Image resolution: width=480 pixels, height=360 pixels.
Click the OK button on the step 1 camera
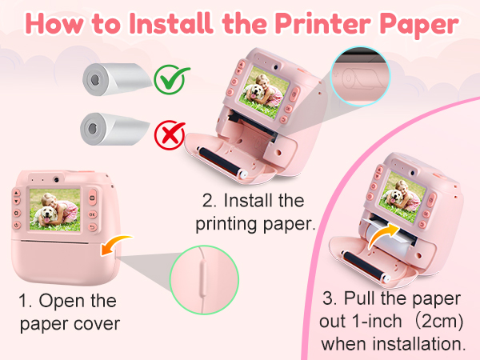tap(93, 214)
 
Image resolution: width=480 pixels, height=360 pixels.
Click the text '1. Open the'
tap(68, 302)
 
